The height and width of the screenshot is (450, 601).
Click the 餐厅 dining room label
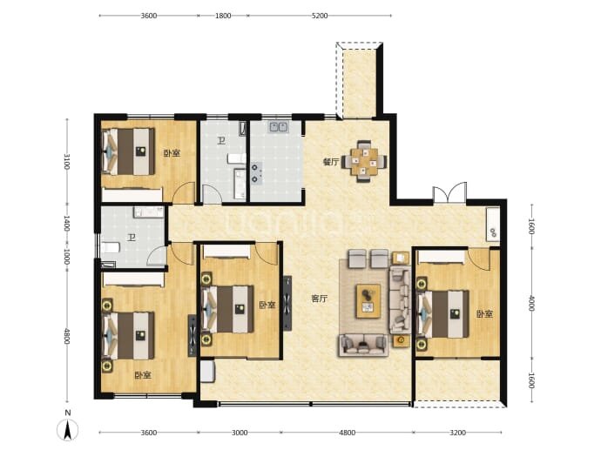point(331,163)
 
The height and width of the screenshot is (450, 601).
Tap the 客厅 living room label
point(320,299)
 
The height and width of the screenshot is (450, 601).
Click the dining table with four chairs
point(364,162)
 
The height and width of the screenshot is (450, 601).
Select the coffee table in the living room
point(368,301)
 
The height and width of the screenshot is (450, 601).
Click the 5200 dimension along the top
point(320,16)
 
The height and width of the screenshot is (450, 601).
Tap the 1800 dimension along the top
point(223,16)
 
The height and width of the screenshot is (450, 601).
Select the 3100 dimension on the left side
point(67,162)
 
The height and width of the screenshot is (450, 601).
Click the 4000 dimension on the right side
point(531,303)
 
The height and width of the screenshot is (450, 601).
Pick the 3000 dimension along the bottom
point(240,433)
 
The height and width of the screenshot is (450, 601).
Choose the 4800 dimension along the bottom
point(348,433)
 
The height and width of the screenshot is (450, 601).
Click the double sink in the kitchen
point(279,127)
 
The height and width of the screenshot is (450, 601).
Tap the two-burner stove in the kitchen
point(256,173)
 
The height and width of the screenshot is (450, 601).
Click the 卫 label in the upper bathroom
point(221,141)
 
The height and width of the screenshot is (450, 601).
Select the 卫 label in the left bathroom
point(132,238)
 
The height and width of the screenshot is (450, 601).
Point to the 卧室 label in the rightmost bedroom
point(484,314)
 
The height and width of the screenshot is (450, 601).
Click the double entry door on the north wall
point(449,192)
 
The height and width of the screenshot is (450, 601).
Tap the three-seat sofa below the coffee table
point(363,345)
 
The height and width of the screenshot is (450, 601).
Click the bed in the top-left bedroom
point(128,151)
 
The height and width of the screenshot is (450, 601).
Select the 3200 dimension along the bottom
point(457,433)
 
